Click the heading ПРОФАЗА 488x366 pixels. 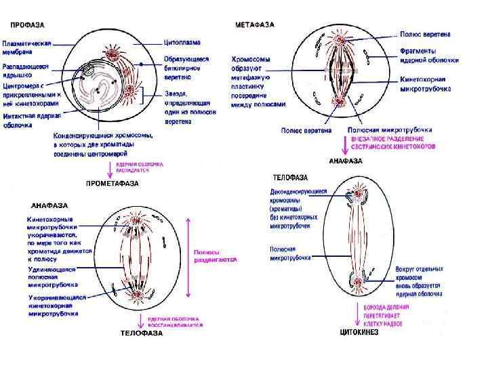click(27, 25)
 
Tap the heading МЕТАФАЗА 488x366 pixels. click(255, 25)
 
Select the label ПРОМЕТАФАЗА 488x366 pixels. click(112, 183)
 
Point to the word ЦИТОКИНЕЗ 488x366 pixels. click(359, 333)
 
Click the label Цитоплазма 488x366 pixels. click(182, 42)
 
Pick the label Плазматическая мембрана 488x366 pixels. click(26, 47)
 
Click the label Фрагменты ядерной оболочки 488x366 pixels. click(428, 56)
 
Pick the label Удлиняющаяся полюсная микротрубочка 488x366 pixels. click(53, 274)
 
